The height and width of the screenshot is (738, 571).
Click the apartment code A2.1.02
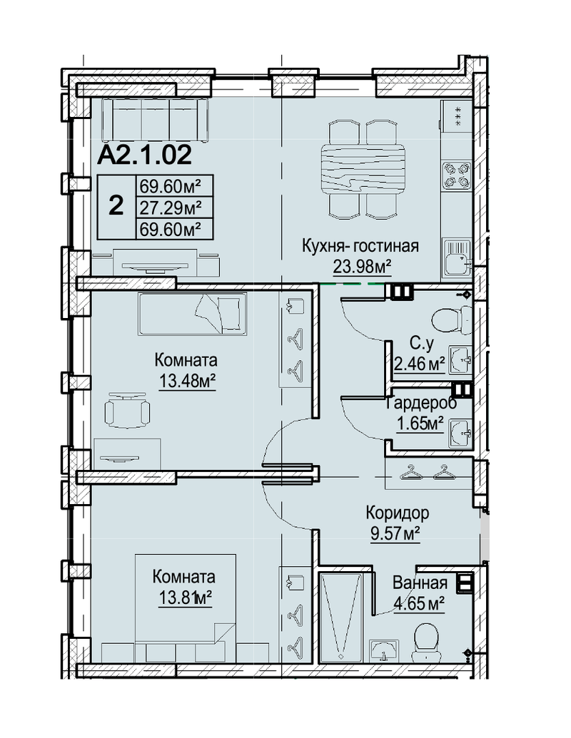tap(144, 155)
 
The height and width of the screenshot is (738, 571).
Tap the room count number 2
tap(116, 206)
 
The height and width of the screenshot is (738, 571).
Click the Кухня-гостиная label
tap(360, 246)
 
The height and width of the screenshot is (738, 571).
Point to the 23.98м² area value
tap(363, 267)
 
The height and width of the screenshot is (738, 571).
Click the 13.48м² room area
tap(186, 381)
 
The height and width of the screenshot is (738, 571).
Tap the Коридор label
tap(397, 513)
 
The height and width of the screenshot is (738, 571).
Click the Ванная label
tap(420, 583)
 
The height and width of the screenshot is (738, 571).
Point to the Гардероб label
tap(421, 404)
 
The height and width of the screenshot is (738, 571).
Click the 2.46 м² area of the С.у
tap(420, 364)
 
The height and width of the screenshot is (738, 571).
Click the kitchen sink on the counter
tap(457, 258)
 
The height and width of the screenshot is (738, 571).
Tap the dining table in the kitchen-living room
tap(363, 169)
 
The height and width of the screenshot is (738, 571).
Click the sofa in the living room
tap(155, 119)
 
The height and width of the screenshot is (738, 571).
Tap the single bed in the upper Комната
tap(192, 314)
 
